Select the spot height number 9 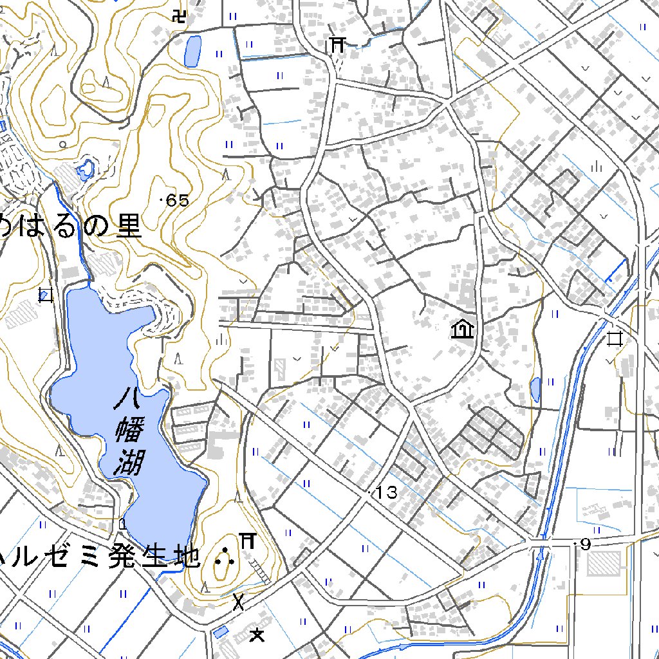coord(585,545)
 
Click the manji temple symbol coord(180,16)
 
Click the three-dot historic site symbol coord(224,557)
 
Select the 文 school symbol coord(257,635)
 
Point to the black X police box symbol coord(239,602)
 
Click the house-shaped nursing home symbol coord(462,330)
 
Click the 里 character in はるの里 coord(128,226)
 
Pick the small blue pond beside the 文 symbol coord(220,632)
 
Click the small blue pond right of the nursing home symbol coord(535,388)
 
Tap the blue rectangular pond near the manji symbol coord(192,51)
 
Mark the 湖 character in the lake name coord(128,462)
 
